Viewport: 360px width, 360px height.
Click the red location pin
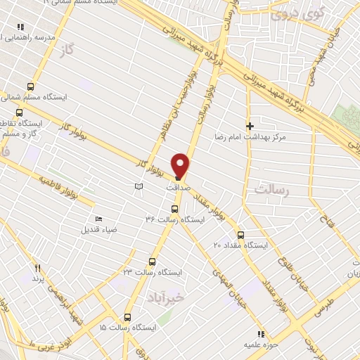[x=181, y=165]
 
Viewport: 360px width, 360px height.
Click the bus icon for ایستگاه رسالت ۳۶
[x=175, y=209]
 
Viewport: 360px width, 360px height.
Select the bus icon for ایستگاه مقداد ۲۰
[x=240, y=234]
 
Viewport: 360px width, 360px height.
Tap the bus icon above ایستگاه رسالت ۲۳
[x=152, y=261]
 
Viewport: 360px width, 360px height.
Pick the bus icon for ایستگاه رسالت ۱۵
[x=127, y=317]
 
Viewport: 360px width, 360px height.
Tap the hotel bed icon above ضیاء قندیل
[x=98, y=219]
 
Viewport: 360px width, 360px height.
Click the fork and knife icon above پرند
[x=38, y=268]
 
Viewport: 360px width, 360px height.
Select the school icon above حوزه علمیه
[x=260, y=334]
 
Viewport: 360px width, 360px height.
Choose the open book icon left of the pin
[x=139, y=186]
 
